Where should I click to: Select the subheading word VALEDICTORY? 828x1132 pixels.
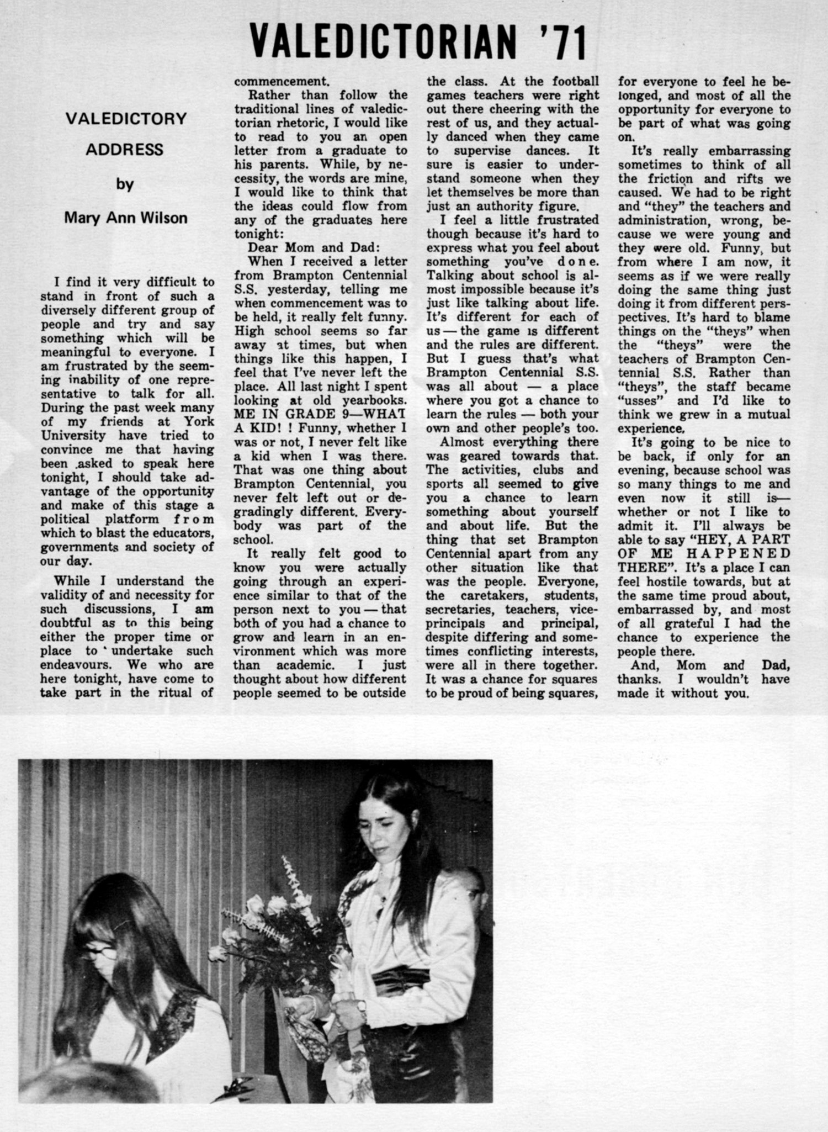[126, 119]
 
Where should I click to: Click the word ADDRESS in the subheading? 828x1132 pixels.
[125, 150]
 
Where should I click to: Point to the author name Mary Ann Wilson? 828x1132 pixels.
[126, 218]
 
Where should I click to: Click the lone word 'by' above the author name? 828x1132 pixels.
[125, 184]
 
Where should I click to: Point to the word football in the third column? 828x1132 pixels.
[576, 81]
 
